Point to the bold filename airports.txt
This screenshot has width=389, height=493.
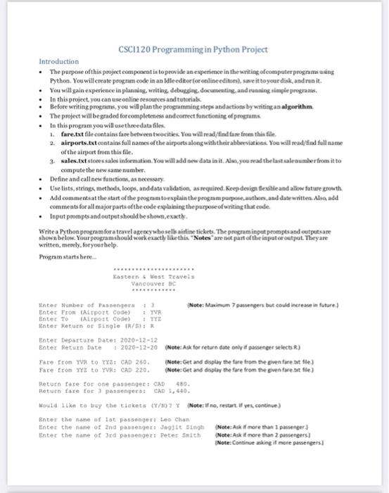click(80, 141)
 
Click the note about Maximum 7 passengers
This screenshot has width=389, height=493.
click(261, 304)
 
